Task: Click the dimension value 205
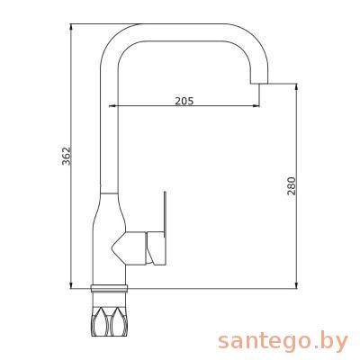184,101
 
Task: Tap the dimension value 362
66,156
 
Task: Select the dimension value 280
292,185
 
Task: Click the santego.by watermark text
283,342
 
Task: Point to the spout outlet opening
259,83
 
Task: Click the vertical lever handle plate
165,212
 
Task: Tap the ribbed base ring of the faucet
109,288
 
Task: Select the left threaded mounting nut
100,319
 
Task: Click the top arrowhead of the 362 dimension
71,27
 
